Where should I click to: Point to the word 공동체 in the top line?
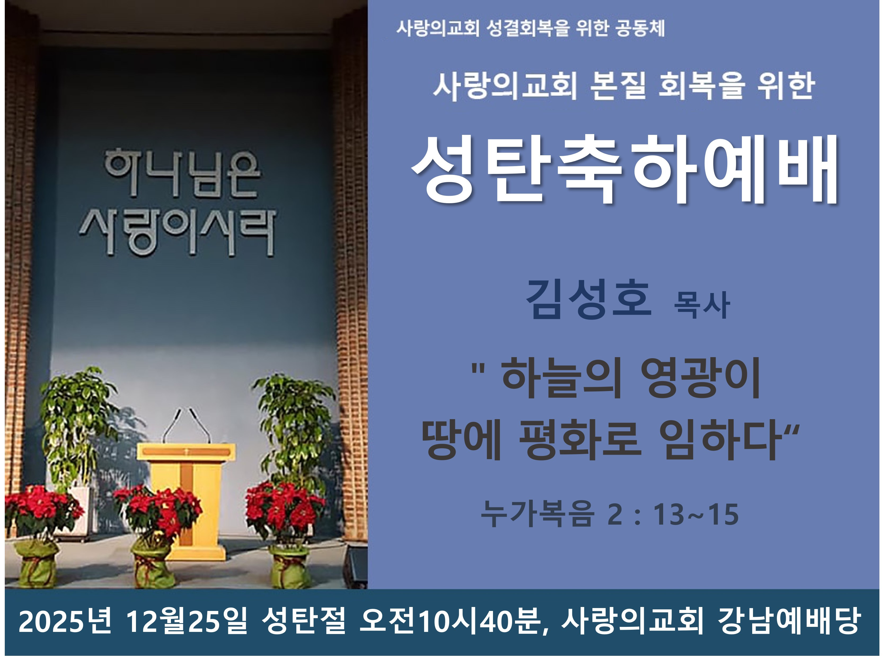click(640, 28)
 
